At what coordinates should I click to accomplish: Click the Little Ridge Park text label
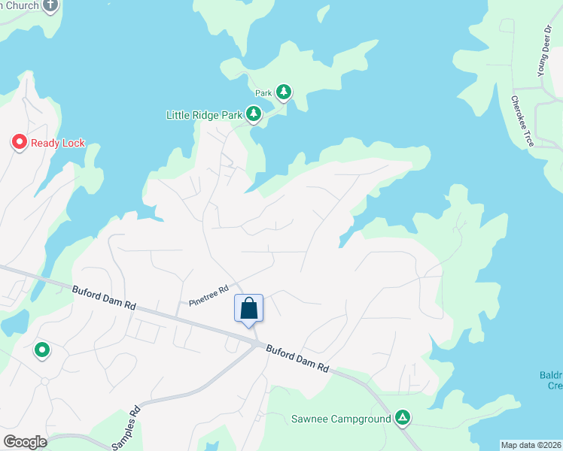[204, 115]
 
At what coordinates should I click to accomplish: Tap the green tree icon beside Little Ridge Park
[254, 114]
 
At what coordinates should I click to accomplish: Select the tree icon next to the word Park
[284, 92]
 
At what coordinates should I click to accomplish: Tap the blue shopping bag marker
[249, 309]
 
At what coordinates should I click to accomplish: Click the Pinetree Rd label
[209, 295]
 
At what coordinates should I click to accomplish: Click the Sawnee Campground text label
[340, 419]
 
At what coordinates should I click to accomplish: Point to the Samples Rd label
[126, 428]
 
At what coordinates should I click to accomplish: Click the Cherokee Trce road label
[522, 121]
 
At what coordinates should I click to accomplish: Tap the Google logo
[25, 442]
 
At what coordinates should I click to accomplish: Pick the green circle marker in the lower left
[42, 350]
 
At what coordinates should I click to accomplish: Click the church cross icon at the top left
[50, 7]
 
